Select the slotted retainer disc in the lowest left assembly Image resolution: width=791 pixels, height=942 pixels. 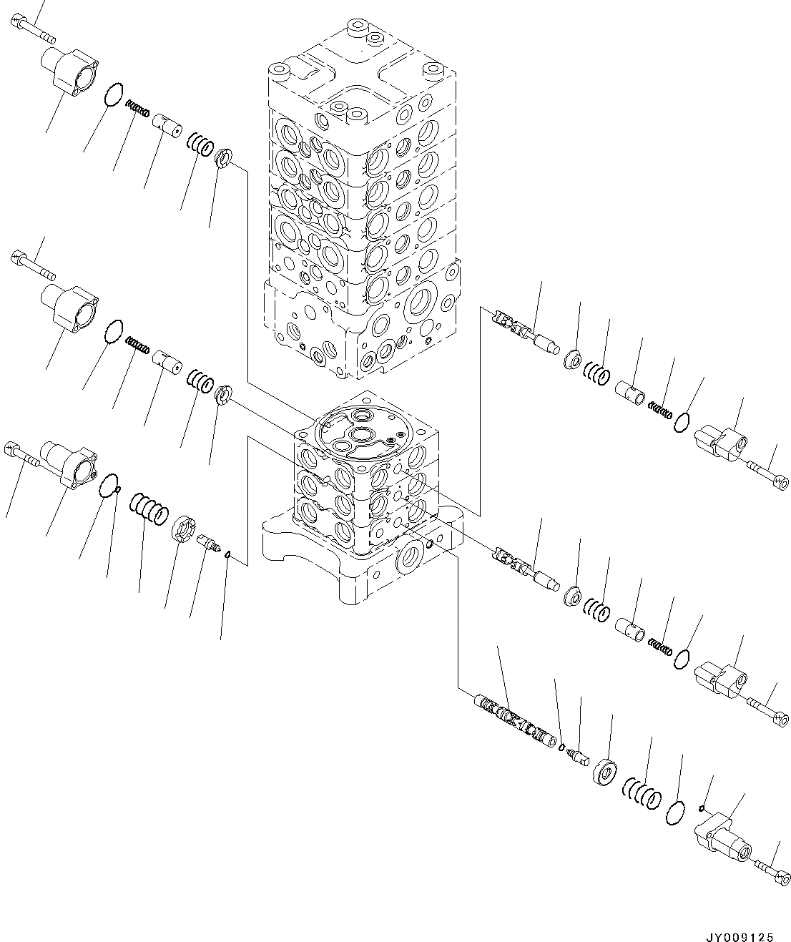(x=183, y=531)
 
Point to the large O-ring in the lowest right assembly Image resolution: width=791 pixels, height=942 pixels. (x=674, y=813)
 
